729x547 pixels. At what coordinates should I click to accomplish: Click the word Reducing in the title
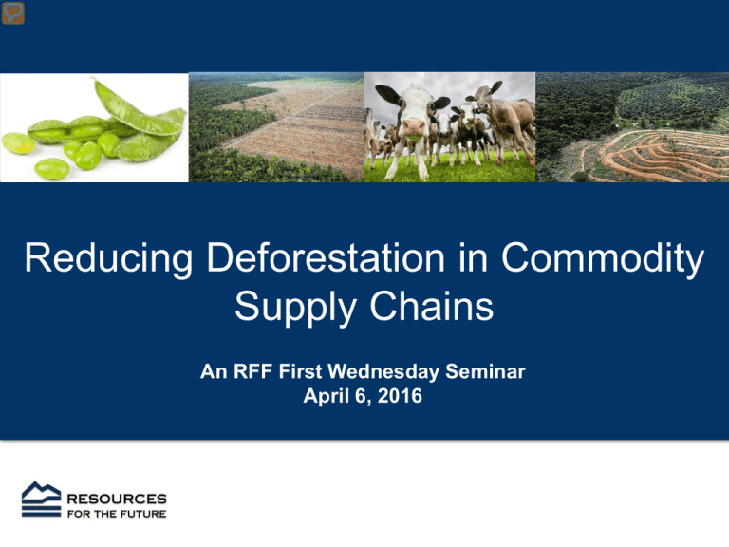tap(108, 258)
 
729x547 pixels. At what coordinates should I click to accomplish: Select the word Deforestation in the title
tap(326, 257)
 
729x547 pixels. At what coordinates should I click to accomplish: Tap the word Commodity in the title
tap(603, 258)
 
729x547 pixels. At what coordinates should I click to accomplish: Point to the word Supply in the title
tap(296, 307)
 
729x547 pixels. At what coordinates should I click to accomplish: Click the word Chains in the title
tap(432, 306)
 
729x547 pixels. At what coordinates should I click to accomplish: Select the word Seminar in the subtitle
tap(485, 371)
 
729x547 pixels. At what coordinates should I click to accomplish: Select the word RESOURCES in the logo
tap(117, 500)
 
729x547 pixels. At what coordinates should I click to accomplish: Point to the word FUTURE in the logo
tap(143, 514)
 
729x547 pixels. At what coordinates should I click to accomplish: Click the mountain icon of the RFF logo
tap(42, 500)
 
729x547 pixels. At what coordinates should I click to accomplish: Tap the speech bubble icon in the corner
tap(13, 12)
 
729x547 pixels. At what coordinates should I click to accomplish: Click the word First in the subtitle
tap(300, 371)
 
